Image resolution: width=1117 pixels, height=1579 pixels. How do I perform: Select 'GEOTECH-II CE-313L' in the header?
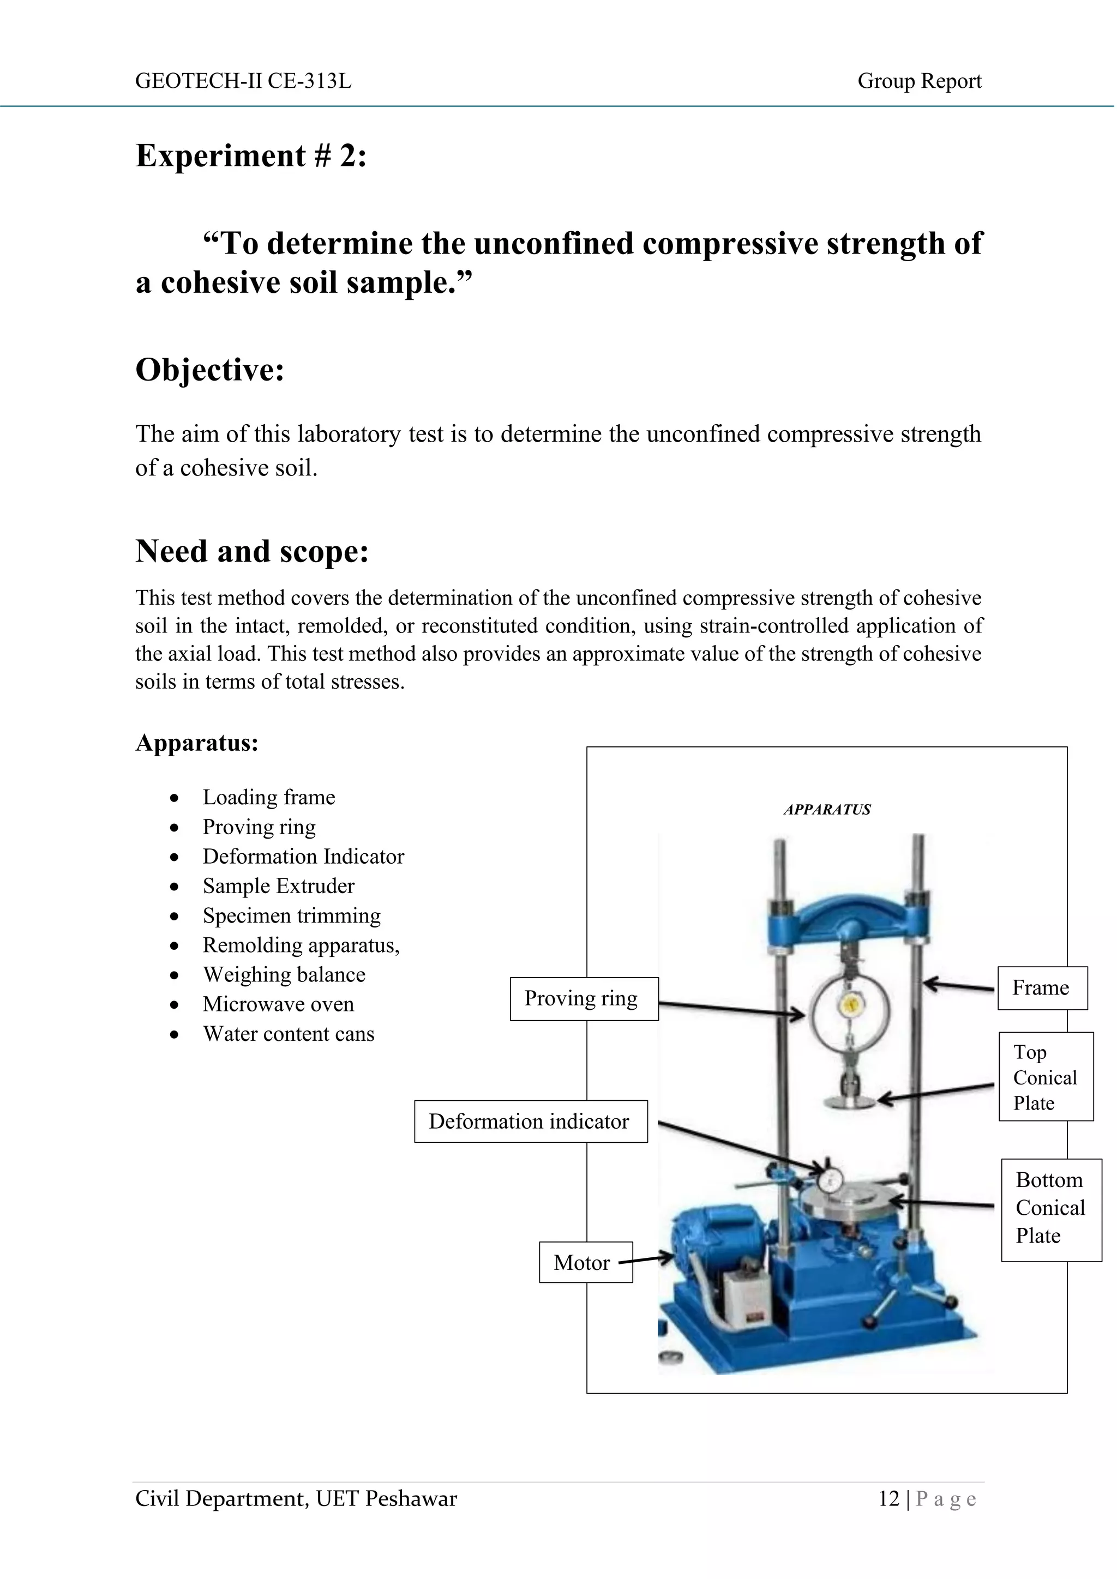[x=243, y=81]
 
